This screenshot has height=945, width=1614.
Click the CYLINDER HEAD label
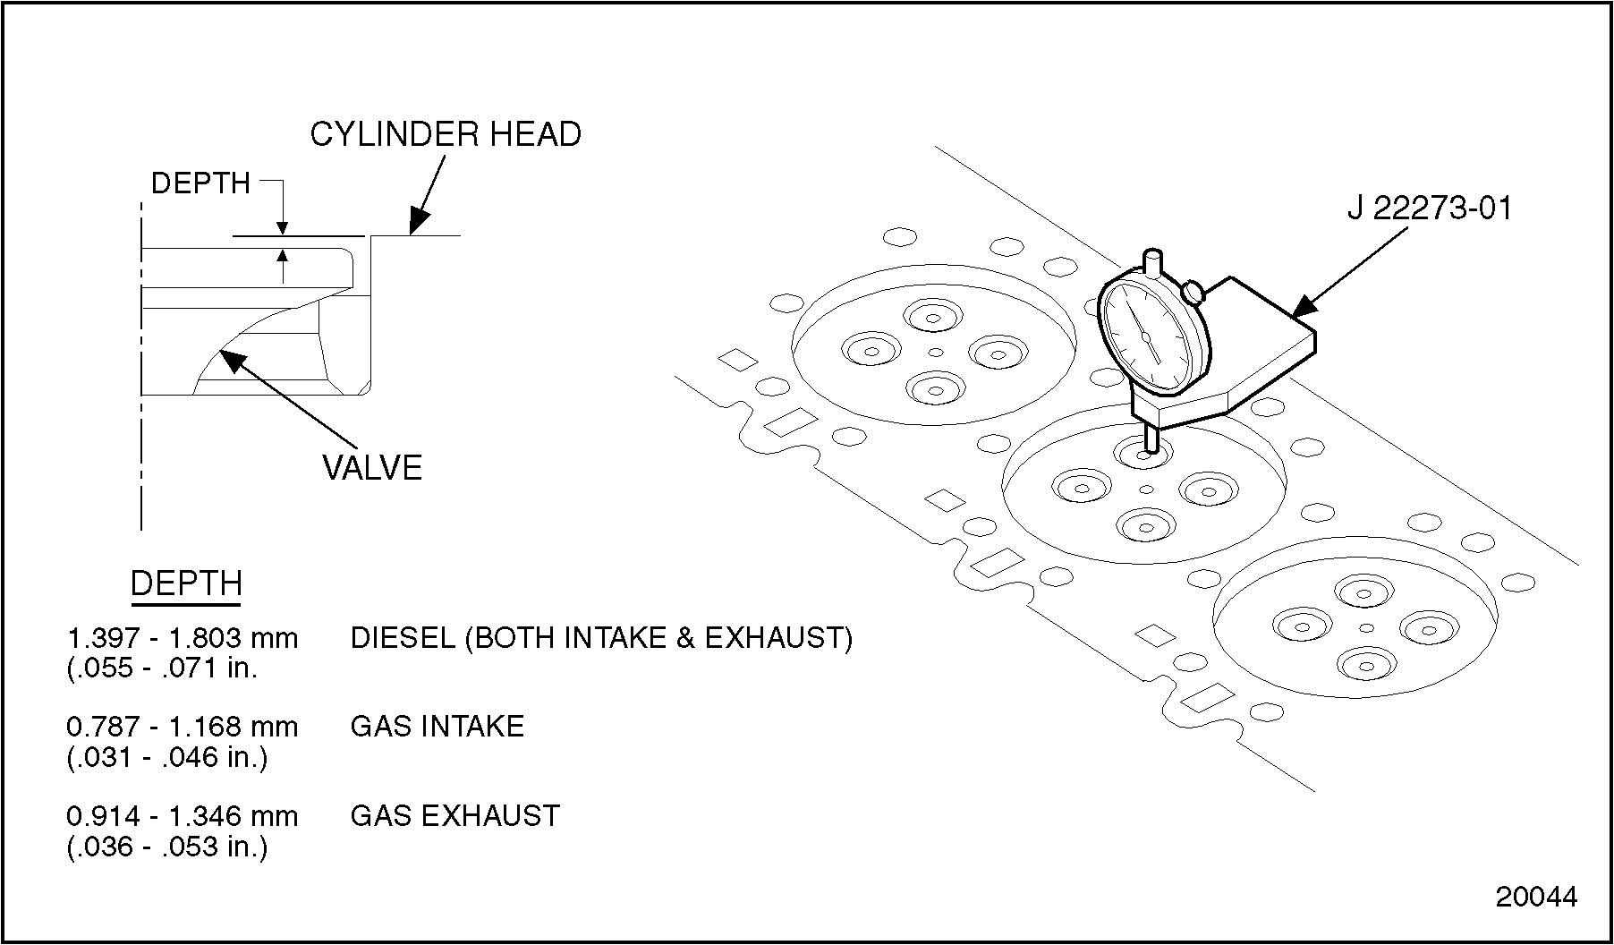pos(446,135)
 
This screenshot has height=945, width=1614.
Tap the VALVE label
pos(371,468)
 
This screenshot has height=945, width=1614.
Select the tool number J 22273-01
pos(1429,209)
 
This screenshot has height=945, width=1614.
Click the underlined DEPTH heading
pos(186,583)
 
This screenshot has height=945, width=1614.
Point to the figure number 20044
pos(1536,897)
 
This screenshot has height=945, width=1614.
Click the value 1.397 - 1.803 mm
pos(183,638)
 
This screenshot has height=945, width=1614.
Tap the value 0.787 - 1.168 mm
pos(183,727)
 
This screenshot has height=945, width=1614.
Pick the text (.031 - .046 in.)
pos(167,757)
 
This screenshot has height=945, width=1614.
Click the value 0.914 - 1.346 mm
pos(183,816)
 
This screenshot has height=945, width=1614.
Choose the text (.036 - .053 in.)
pos(167,847)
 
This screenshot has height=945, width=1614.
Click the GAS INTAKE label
pos(437,726)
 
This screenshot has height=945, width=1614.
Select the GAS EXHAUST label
pos(454,816)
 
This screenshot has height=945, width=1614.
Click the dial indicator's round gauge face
pos(1148,336)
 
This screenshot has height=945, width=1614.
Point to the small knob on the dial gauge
pos(1193,292)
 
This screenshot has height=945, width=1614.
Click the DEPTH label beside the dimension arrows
pos(200,183)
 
